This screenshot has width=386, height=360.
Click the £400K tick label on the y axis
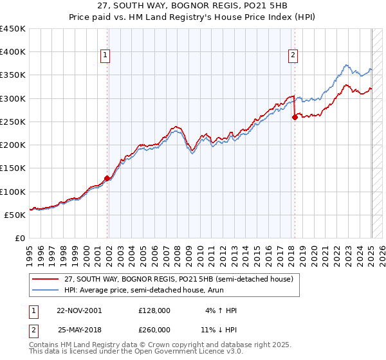coord(13,52)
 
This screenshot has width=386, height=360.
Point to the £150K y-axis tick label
coord(13,168)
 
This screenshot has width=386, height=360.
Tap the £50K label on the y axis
coord(15,215)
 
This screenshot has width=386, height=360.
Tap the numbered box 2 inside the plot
coord(293,56)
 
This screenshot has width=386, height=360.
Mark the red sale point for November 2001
coord(107,178)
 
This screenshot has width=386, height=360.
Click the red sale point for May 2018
coord(295,117)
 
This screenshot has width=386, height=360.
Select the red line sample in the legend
coord(46,278)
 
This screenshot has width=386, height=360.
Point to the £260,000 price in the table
coord(154,330)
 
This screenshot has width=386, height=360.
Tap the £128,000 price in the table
coord(154,310)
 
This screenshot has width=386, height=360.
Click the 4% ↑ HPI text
coord(220,310)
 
